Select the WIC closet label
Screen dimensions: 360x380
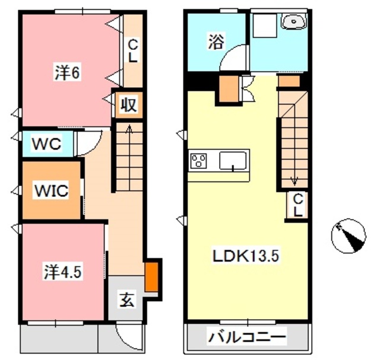[51, 191]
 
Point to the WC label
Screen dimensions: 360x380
[46, 144]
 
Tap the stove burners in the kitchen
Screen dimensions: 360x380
[198, 161]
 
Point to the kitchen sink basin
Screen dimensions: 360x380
[233, 160]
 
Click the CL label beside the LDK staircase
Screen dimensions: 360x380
[297, 205]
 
